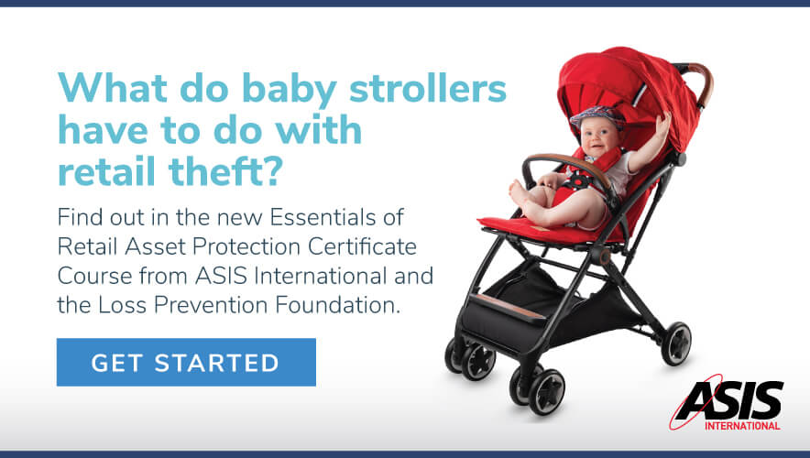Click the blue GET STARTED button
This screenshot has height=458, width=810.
point(186,362)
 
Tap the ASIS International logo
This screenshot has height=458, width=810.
point(727,403)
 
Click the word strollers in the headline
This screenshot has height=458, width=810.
point(428,88)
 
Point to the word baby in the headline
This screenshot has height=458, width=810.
point(289,92)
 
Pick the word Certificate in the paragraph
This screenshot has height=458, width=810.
point(362,246)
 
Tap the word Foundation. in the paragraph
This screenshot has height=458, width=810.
point(337,305)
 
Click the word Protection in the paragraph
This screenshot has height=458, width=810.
point(246,246)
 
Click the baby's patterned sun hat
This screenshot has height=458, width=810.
point(597,116)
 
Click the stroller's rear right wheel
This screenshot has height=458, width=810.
point(676,343)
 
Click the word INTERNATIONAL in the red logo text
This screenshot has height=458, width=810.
point(742,426)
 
